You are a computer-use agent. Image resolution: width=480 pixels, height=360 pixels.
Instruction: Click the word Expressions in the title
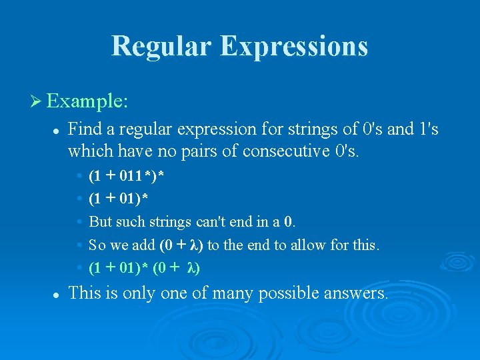pyautogui.click(x=294, y=46)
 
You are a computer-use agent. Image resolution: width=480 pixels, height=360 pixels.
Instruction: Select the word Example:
pyautogui.click(x=88, y=102)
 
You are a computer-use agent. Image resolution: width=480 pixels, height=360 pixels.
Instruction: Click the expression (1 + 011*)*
pyautogui.click(x=127, y=176)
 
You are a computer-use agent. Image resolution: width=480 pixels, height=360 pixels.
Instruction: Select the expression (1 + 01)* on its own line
pyautogui.click(x=119, y=199)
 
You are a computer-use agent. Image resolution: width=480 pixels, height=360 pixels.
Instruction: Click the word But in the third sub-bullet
pyautogui.click(x=100, y=221)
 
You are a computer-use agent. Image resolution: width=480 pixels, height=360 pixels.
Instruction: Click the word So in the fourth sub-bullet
pyautogui.click(x=97, y=245)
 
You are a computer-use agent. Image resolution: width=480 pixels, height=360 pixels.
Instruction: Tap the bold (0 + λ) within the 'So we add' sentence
pyautogui.click(x=182, y=245)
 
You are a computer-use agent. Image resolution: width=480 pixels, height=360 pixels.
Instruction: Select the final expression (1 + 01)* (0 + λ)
pyautogui.click(x=144, y=268)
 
